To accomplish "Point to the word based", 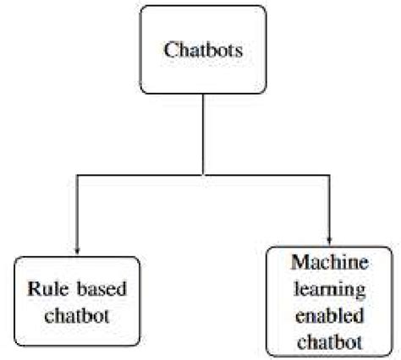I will [102, 290].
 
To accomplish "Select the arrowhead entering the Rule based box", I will [78, 250].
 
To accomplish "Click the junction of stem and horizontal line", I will [200, 174].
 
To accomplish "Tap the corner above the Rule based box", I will [78, 174].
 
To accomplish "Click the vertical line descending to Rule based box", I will [78, 211].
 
